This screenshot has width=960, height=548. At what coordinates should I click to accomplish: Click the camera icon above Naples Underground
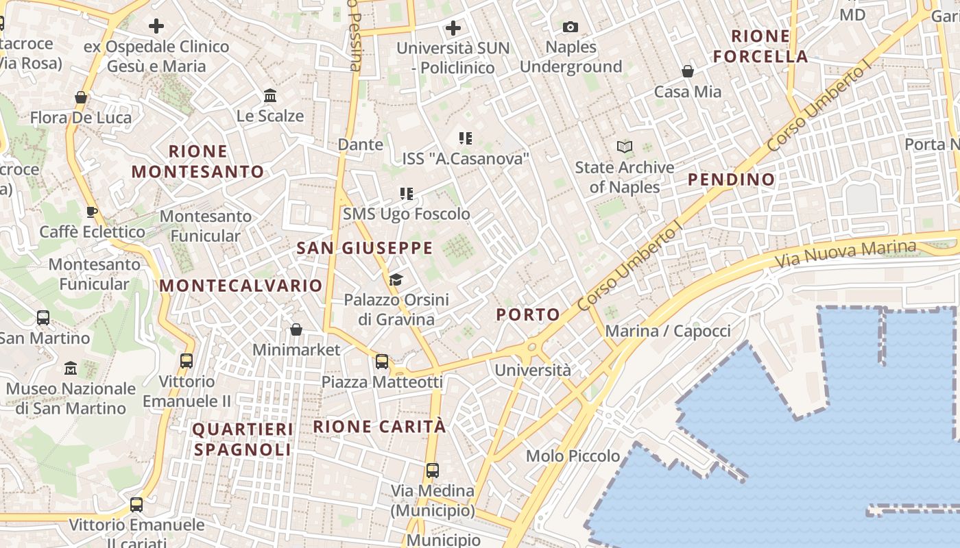570,27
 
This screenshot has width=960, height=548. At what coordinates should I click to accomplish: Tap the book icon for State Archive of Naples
624,147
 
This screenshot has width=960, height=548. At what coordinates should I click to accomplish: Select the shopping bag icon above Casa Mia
687,71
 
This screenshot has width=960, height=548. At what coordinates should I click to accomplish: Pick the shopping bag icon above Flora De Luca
81,97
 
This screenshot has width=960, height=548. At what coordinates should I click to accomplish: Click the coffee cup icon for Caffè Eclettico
92,212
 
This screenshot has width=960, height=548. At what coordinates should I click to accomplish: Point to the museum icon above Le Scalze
270,96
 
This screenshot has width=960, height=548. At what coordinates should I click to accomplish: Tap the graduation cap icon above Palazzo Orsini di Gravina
396,279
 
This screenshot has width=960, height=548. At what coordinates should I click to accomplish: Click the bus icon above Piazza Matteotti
382,361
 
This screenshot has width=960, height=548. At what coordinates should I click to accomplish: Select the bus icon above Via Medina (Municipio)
432,471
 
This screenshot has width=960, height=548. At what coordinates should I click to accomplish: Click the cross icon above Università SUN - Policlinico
453,28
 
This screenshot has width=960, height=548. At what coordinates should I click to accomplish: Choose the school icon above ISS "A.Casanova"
466,138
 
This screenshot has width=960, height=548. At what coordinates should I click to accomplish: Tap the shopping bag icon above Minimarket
296,329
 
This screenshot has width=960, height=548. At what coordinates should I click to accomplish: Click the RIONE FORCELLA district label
760,46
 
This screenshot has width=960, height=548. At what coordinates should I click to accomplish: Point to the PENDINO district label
731,179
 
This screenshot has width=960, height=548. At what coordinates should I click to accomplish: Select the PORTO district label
528,314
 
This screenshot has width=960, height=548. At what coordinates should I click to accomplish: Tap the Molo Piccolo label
573,456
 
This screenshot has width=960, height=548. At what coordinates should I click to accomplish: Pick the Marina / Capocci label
668,332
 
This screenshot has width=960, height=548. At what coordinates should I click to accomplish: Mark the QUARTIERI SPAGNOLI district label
243,439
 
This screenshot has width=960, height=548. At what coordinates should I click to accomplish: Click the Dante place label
360,145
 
